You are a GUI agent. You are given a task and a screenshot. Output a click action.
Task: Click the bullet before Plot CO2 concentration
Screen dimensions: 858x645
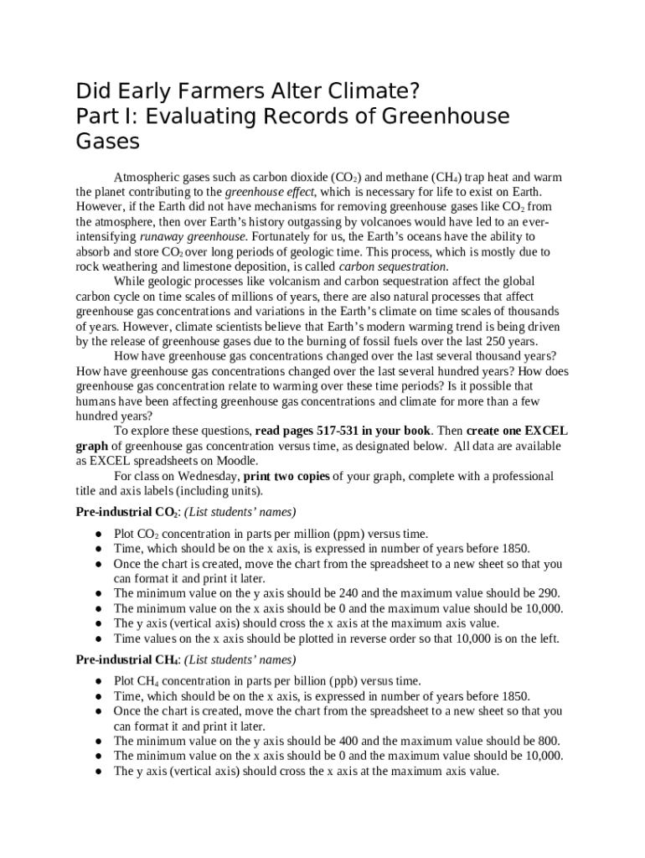point(99,535)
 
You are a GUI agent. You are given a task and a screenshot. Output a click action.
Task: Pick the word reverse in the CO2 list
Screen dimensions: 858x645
point(335,638)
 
